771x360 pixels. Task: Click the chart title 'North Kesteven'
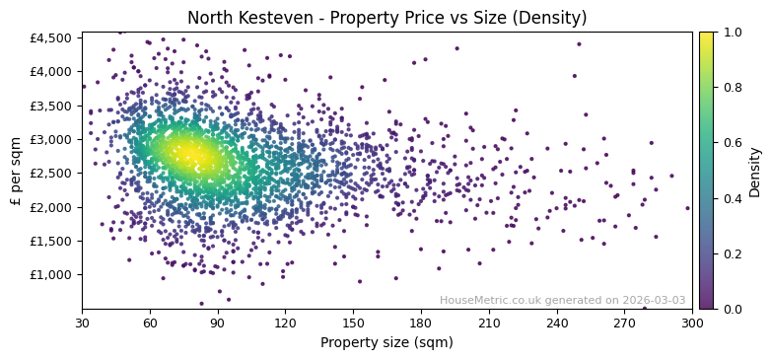tap(386, 18)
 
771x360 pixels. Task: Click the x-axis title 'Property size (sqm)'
tap(386, 343)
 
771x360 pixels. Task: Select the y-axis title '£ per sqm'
tap(16, 171)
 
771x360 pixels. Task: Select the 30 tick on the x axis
tap(82, 323)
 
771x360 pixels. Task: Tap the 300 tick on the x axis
tap(692, 323)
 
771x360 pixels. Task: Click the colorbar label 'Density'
tap(754, 171)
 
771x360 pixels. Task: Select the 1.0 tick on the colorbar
tap(731, 33)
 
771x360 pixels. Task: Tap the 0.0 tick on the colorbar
tap(731, 309)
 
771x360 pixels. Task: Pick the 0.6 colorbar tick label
tap(731, 143)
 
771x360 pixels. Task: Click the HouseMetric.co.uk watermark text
tap(562, 300)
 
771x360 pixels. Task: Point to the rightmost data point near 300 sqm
tap(687, 208)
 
